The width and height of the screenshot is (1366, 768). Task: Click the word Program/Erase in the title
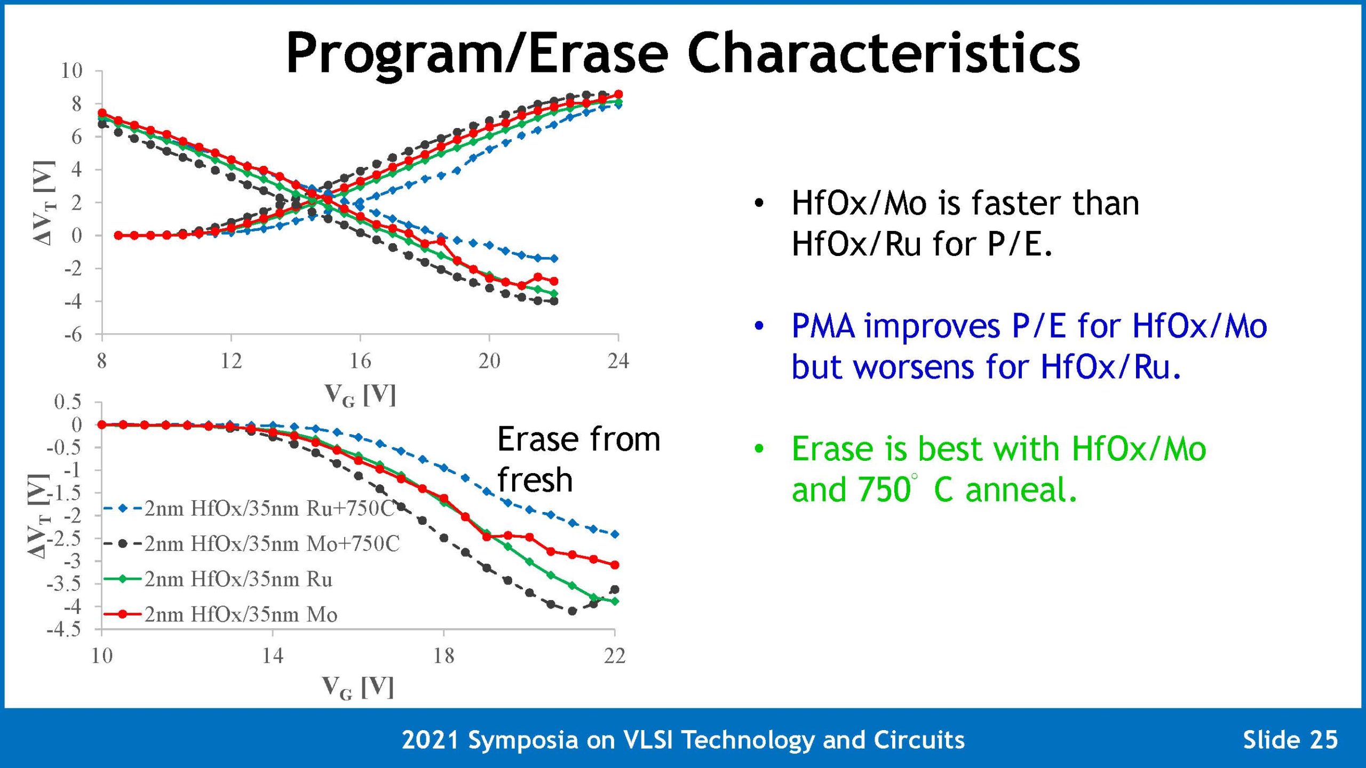pyautogui.click(x=476, y=54)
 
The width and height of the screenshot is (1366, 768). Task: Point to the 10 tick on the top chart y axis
pyautogui.click(x=72, y=70)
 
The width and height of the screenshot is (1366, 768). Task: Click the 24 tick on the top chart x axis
pyautogui.click(x=618, y=361)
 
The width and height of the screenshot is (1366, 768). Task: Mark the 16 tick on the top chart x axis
pyautogui.click(x=360, y=361)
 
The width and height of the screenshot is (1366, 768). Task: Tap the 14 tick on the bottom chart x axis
pyautogui.click(x=272, y=655)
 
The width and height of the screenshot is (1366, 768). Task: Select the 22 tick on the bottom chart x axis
pyautogui.click(x=614, y=655)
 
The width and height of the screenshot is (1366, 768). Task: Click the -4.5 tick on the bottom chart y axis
pyautogui.click(x=65, y=630)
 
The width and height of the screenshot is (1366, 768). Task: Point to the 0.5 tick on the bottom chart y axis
pyautogui.click(x=68, y=402)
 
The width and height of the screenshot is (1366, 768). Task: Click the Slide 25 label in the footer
pyautogui.click(x=1290, y=740)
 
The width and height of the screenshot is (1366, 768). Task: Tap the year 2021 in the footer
pyautogui.click(x=430, y=740)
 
